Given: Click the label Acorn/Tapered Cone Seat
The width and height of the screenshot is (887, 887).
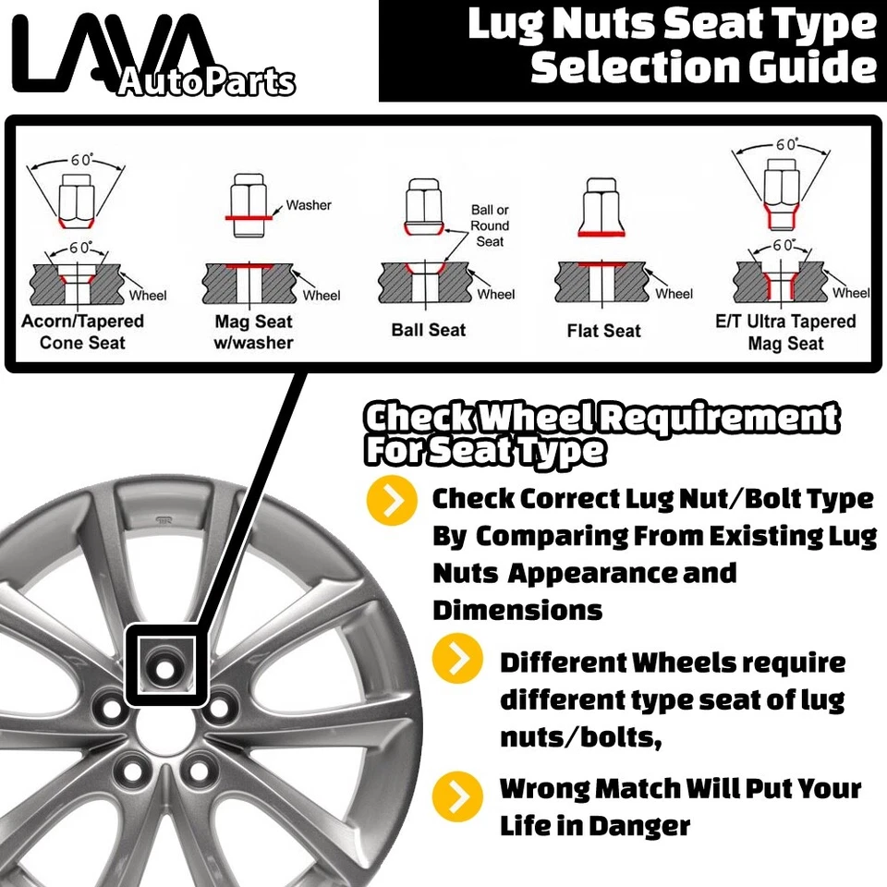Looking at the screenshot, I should pos(82,332).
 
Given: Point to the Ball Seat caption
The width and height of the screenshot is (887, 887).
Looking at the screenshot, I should pos(429,330).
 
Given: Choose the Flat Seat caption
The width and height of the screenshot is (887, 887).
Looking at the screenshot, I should pos(603,331).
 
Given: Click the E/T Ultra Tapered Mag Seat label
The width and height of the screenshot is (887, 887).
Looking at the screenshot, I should pos(785,333).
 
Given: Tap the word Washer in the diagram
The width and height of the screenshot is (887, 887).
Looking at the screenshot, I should pos(308,205).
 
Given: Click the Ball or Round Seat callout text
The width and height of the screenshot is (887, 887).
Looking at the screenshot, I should pos(490,225).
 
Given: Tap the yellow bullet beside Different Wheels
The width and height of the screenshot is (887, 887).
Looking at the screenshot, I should pos(458,662).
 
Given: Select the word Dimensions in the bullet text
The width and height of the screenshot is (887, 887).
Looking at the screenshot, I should pos(517,611).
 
